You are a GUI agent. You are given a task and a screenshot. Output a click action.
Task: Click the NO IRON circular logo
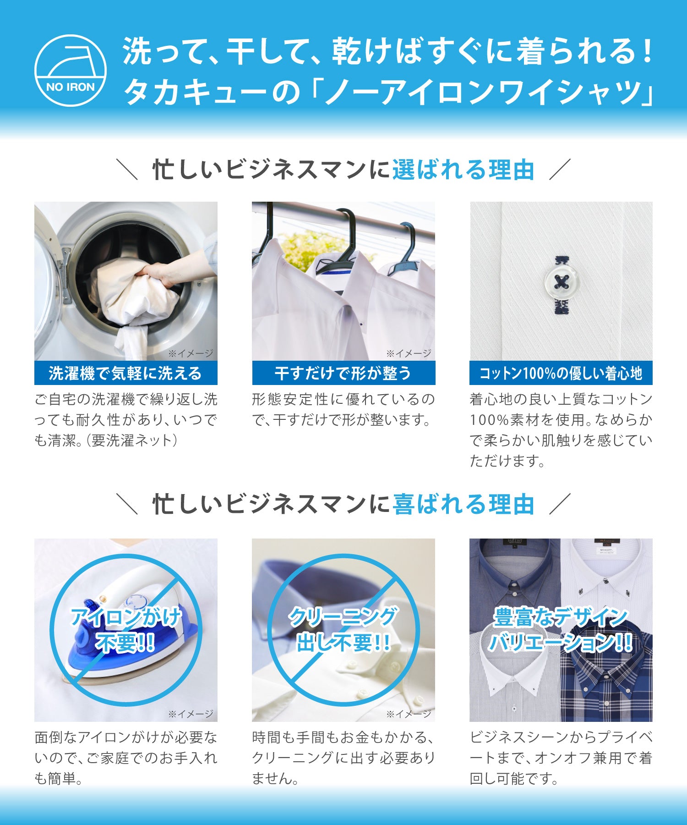click(x=71, y=71)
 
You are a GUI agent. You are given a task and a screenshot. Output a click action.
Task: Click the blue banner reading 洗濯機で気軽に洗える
click(x=125, y=373)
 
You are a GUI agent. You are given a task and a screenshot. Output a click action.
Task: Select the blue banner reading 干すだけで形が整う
click(x=343, y=373)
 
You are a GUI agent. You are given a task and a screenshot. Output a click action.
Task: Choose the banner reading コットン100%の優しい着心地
click(x=561, y=373)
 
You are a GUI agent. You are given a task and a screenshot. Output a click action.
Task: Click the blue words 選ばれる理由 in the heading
click(x=463, y=170)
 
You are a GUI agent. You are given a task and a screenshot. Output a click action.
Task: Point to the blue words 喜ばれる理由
click(x=463, y=504)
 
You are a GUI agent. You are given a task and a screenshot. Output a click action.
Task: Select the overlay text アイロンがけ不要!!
click(x=125, y=630)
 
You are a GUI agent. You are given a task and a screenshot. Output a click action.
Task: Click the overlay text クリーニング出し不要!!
click(x=343, y=630)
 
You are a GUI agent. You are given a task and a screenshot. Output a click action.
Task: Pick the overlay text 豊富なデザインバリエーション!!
click(x=561, y=630)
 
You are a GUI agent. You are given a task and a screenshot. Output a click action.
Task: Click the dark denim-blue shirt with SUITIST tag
click(x=513, y=573)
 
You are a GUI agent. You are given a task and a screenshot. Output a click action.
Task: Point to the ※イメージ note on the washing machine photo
click(x=191, y=353)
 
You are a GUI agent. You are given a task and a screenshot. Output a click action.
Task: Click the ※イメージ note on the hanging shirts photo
click(x=409, y=353)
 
